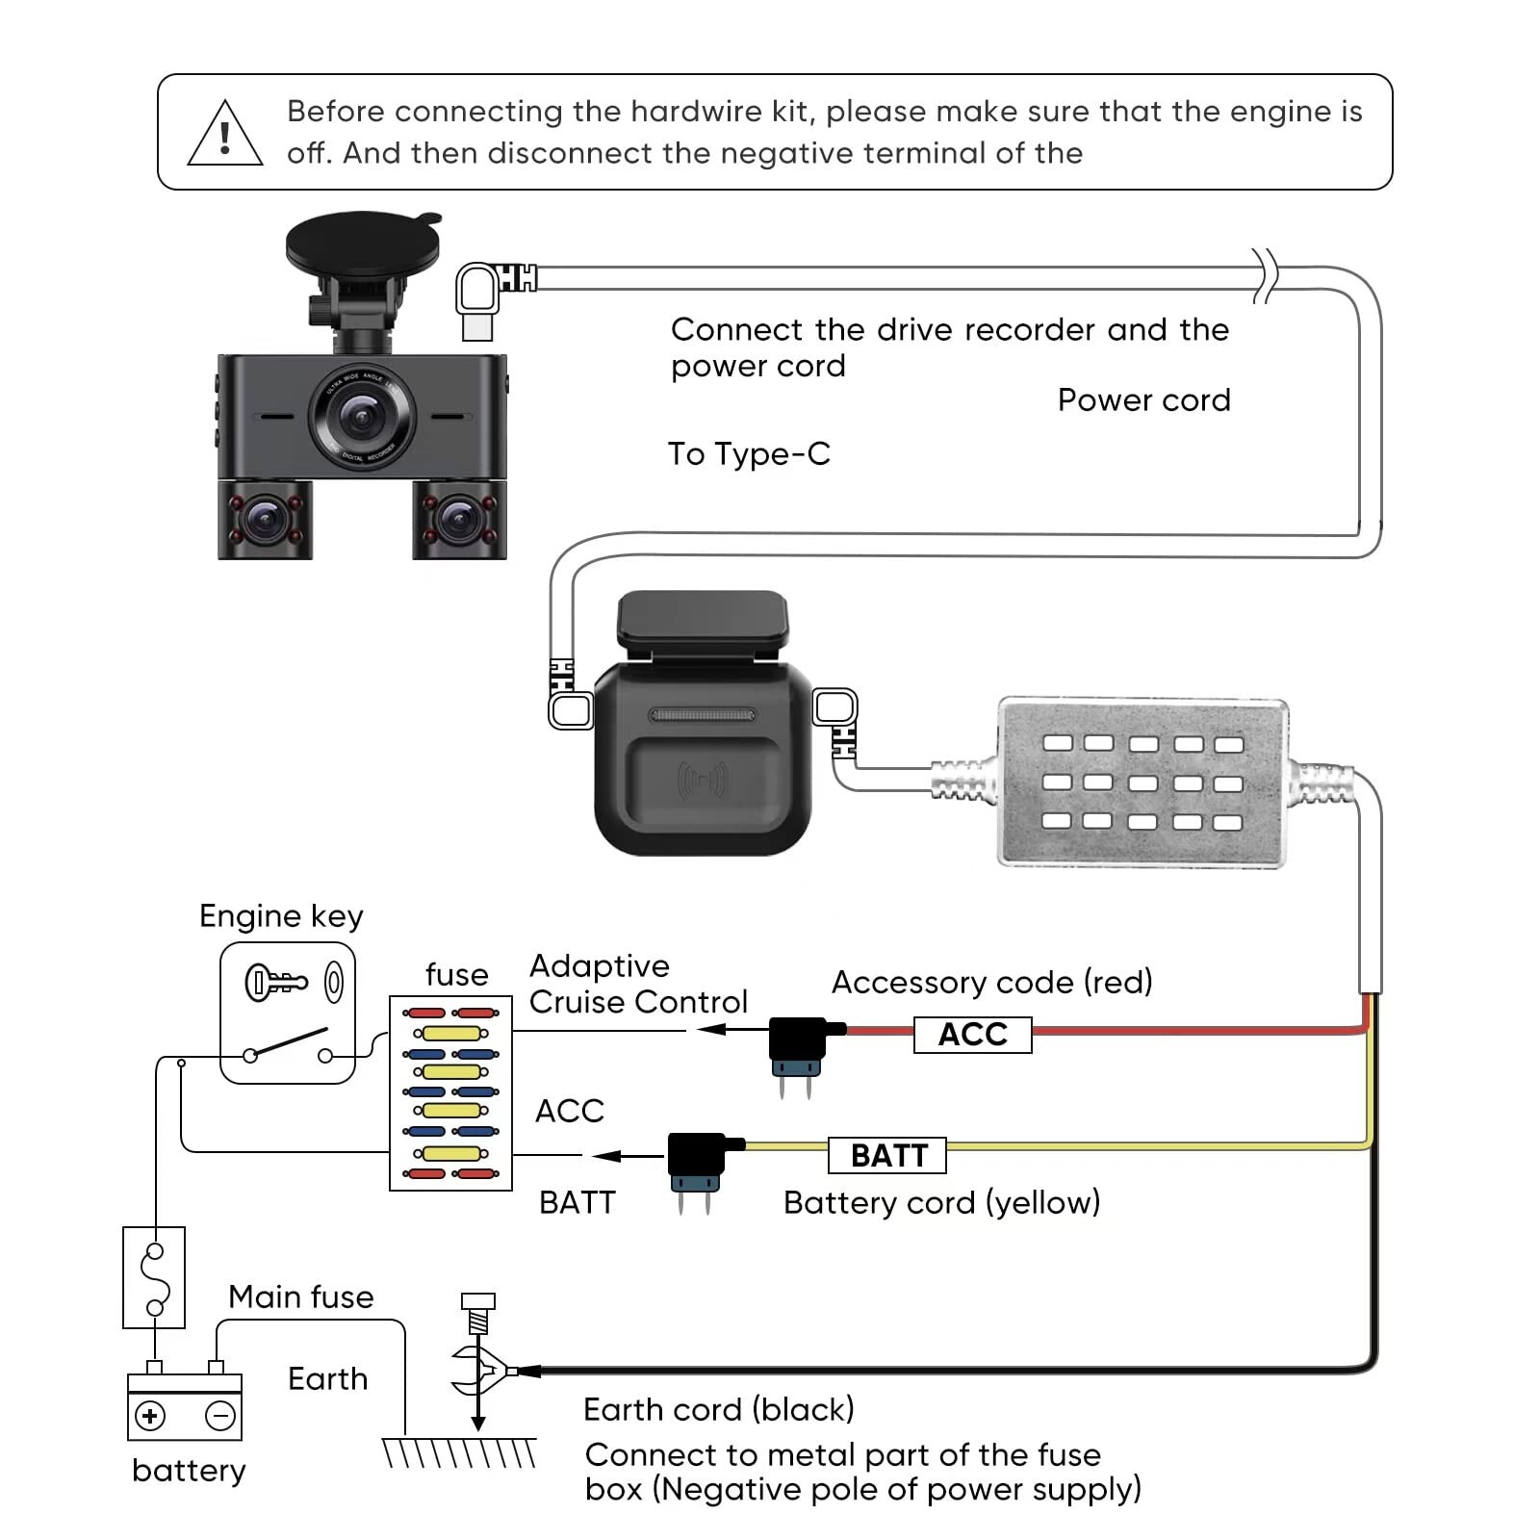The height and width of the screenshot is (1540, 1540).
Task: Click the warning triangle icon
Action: click(x=224, y=136)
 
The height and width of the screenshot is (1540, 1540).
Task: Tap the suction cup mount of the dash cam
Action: click(x=362, y=242)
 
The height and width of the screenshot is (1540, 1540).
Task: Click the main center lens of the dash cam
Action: click(x=362, y=416)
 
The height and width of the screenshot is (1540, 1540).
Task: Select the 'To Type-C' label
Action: click(x=749, y=453)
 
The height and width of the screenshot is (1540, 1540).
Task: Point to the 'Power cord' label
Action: click(x=1143, y=399)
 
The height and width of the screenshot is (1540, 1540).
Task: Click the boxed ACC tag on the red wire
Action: click(x=972, y=1035)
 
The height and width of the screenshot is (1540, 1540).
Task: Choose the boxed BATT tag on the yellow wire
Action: click(x=887, y=1155)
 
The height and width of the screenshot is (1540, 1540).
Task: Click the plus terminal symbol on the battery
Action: click(x=150, y=1416)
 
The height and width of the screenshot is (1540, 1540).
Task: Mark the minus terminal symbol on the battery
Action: click(x=220, y=1416)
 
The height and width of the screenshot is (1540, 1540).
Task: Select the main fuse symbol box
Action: click(x=154, y=1277)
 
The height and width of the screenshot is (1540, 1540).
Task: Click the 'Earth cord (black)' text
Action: click(x=718, y=1409)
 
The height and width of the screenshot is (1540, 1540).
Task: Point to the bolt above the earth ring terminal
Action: click(x=478, y=1311)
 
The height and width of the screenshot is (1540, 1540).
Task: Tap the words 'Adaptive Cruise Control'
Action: click(x=637, y=984)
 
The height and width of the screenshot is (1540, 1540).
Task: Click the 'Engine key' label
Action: click(x=281, y=916)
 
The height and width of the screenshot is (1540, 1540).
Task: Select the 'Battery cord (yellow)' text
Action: click(x=941, y=1202)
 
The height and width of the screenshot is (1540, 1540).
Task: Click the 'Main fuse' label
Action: click(x=300, y=1297)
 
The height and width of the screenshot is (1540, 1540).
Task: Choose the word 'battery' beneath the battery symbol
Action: click(x=189, y=1471)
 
